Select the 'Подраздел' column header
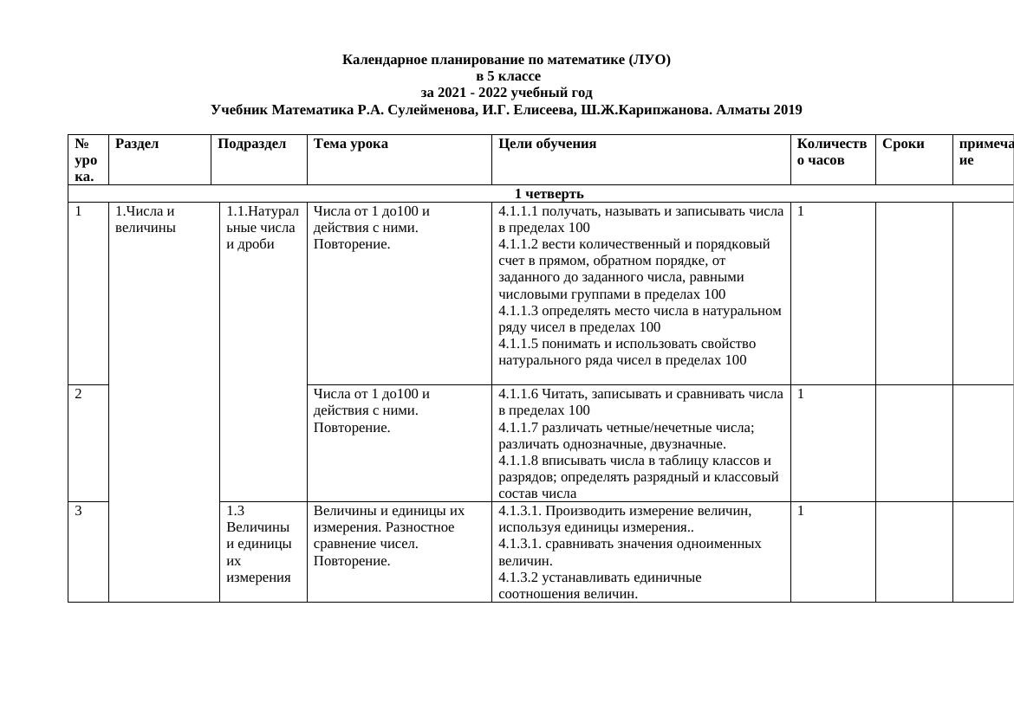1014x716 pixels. point(251,144)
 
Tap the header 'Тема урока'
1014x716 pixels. point(351,144)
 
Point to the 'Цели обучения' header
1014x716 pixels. point(548,144)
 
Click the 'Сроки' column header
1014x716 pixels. point(903,144)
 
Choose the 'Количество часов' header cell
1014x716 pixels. point(831,152)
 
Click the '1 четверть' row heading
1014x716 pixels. point(549,194)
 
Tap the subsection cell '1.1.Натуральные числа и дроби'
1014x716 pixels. point(262,227)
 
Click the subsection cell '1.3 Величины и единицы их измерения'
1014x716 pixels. point(258,544)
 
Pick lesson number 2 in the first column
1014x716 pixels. point(79,394)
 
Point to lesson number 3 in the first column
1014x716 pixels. point(79,511)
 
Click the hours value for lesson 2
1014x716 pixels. point(801,394)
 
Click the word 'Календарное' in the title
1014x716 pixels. point(384,60)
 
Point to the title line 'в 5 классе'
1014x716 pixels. point(507,76)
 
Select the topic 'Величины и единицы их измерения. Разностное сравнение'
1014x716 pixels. point(388,527)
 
